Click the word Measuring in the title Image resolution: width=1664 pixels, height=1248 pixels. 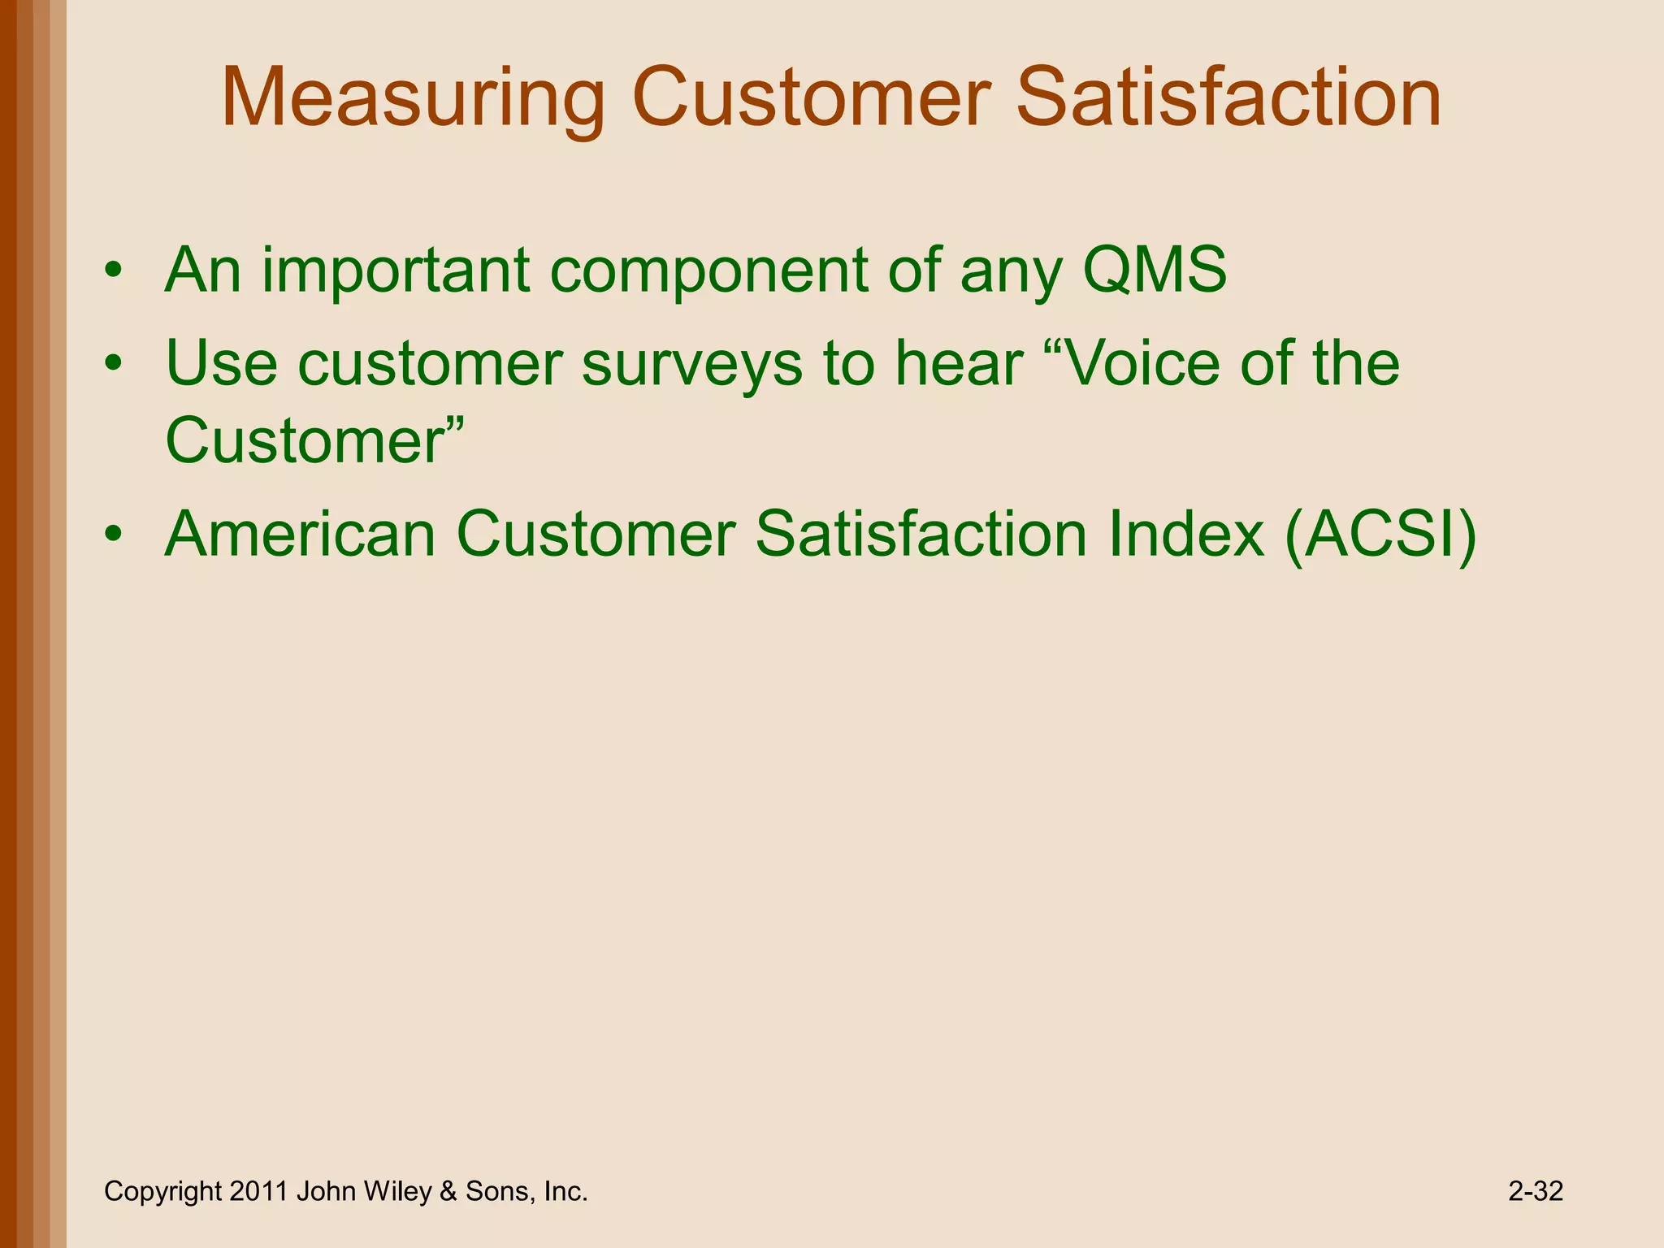pyautogui.click(x=413, y=99)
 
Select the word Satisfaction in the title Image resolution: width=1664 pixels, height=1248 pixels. pyautogui.click(x=1228, y=99)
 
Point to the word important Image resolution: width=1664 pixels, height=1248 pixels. pyautogui.click(x=396, y=271)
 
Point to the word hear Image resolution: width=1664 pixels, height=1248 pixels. pyautogui.click(x=958, y=363)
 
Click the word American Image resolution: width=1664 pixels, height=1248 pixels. pyautogui.click(x=301, y=535)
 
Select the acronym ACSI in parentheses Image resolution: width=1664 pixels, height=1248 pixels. pyautogui.click(x=1380, y=535)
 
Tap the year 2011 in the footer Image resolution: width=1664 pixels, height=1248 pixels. pyautogui.click(x=258, y=1192)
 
